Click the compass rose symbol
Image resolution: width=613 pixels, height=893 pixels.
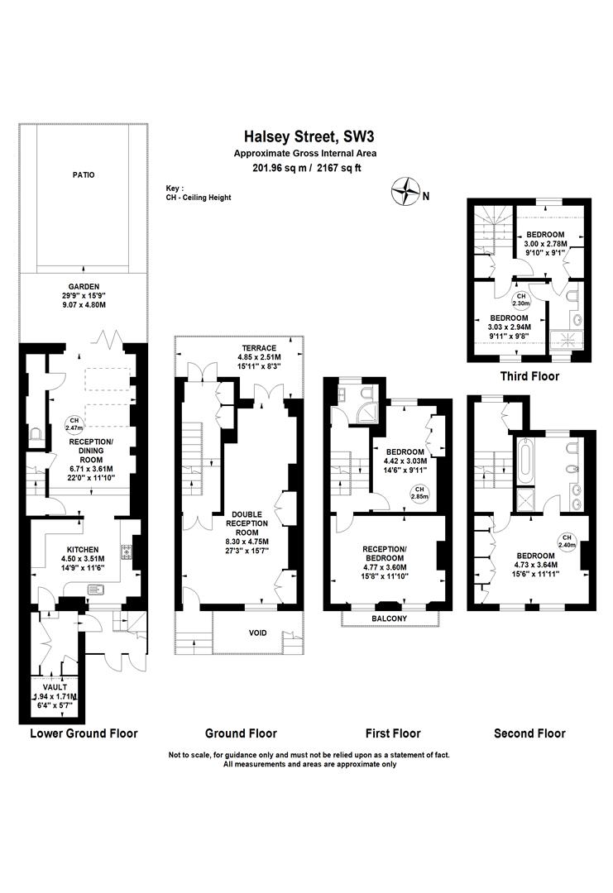406,191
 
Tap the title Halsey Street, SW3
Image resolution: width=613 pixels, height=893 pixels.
309,136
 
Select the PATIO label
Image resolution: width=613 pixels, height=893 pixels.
84,174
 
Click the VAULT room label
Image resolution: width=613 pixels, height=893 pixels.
55,687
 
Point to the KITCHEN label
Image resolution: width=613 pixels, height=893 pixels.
84,550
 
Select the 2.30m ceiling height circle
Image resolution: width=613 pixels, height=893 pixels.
520,300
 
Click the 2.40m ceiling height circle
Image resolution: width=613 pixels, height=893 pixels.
567,541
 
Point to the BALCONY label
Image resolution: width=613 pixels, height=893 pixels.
390,618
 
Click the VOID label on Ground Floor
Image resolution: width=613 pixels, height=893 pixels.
257,633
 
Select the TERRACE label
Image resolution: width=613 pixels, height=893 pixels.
259,348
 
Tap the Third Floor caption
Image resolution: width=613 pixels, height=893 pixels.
529,376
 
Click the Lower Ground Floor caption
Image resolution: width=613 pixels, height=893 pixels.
84,733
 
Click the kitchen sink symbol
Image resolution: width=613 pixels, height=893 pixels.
97,590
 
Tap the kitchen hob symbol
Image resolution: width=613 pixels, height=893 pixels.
126,552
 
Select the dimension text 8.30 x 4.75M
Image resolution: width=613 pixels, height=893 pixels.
247,542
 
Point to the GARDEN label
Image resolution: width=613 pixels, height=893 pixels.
84,286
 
